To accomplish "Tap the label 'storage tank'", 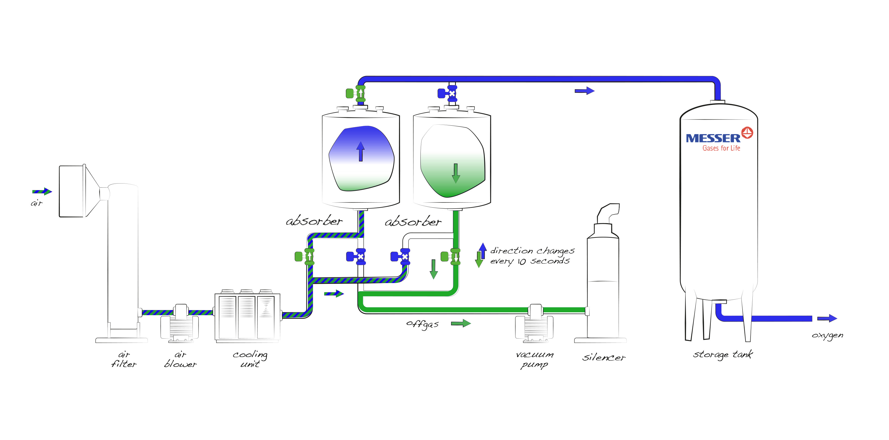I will (x=723, y=355).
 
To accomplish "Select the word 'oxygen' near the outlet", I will (x=827, y=335).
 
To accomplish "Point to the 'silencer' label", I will (x=604, y=358).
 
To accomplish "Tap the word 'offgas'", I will (x=422, y=324).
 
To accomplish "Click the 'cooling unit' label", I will (x=250, y=359).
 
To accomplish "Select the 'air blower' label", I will (x=180, y=359).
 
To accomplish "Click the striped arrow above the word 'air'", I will (x=42, y=191).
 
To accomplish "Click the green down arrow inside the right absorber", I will (x=456, y=173).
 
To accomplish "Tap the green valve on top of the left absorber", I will (x=357, y=93).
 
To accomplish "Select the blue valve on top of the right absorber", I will (x=449, y=93).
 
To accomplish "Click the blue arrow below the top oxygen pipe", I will (x=584, y=91).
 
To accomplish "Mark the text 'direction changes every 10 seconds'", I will (x=532, y=256).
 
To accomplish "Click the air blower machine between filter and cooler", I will (x=180, y=323).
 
